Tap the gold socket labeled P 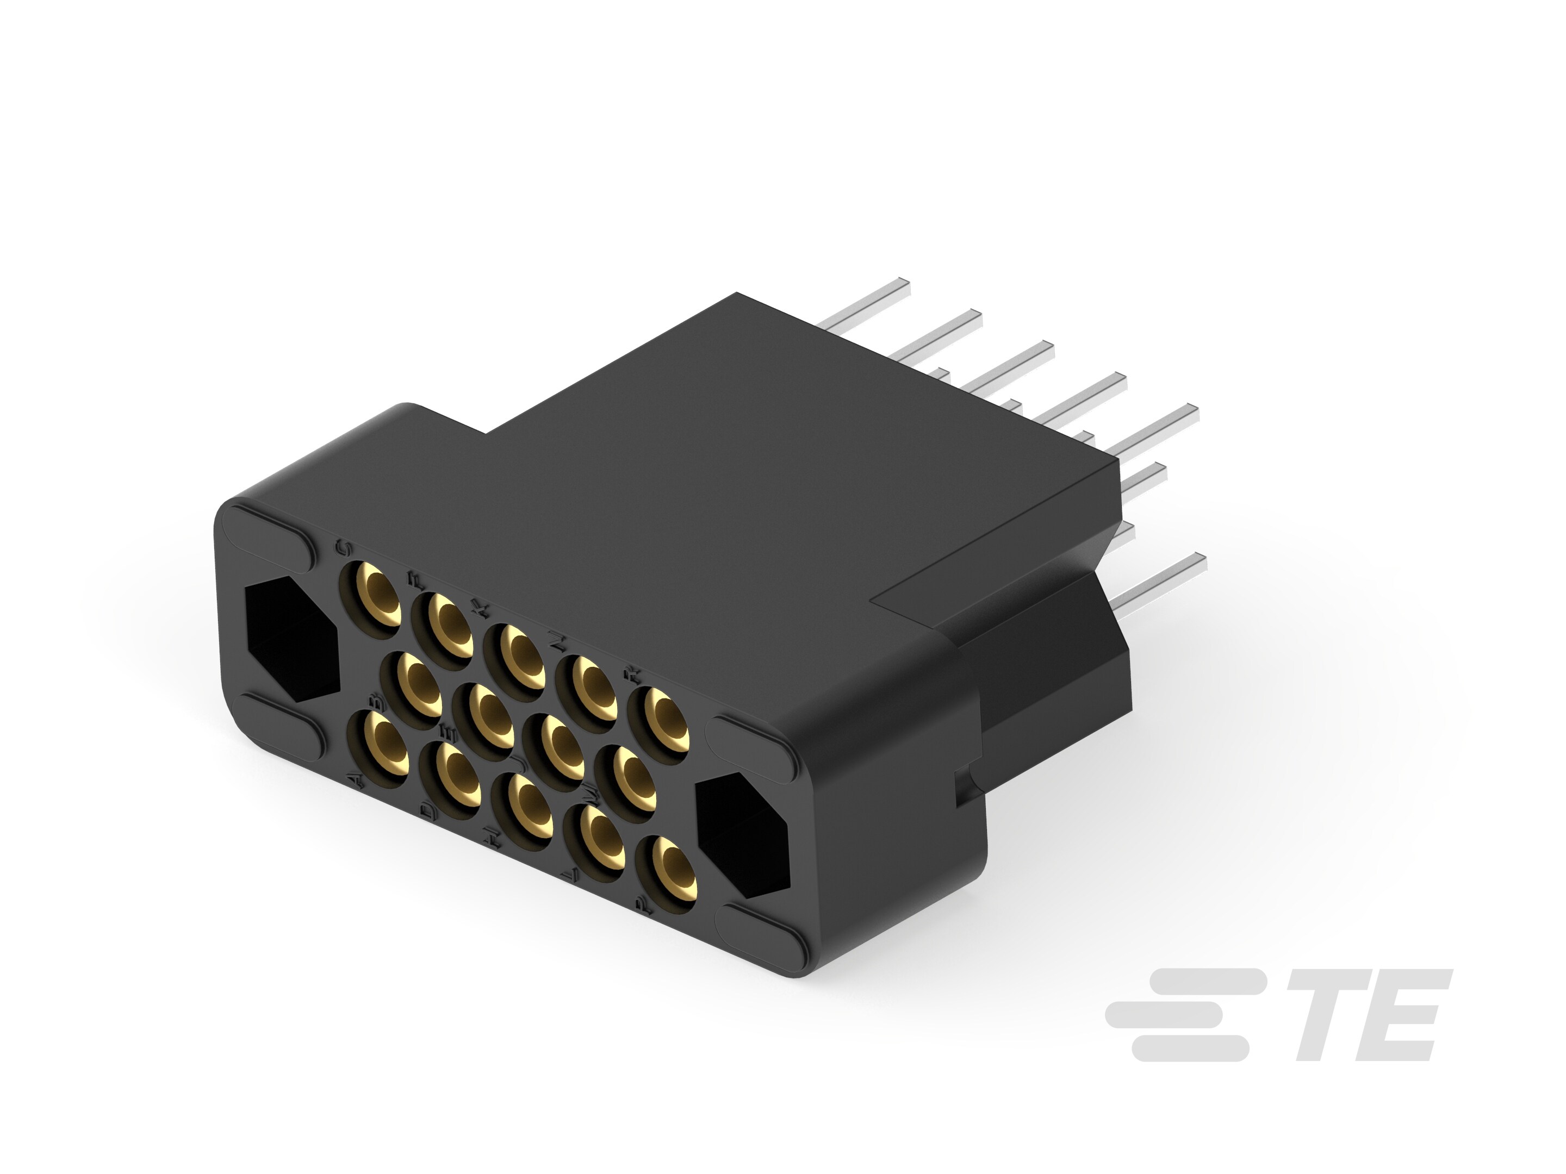pyautogui.click(x=668, y=869)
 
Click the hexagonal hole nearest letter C pyautogui.click(x=291, y=637)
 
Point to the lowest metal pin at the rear pyautogui.click(x=1161, y=577)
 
